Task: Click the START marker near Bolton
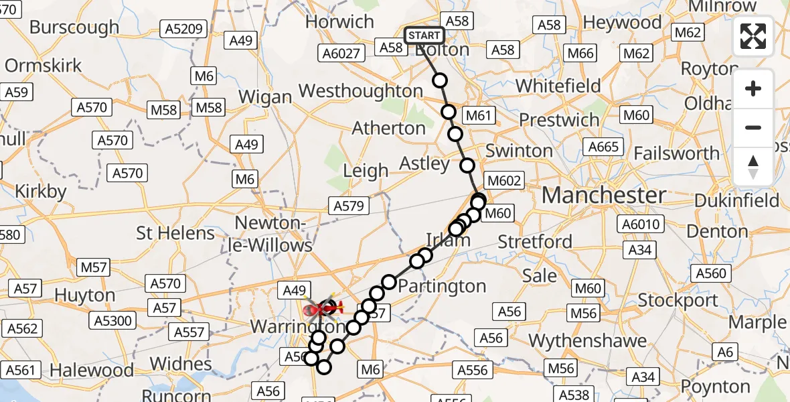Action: coord(424,35)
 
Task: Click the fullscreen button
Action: coord(753,36)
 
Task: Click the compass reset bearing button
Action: coord(753,167)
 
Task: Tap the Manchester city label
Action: coord(603,196)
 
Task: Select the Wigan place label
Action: coord(265,96)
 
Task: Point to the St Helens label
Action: coord(175,233)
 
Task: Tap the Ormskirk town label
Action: coord(44,66)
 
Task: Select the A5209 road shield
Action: coord(182,28)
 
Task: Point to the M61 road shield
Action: coord(479,115)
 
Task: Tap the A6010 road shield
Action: coord(641,224)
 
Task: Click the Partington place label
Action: coord(442,287)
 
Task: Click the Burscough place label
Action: coord(74,27)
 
